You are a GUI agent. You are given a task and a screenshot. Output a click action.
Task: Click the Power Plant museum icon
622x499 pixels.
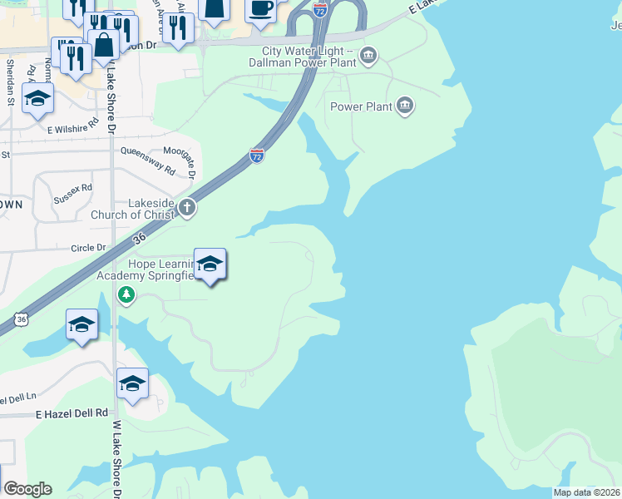(x=405, y=106)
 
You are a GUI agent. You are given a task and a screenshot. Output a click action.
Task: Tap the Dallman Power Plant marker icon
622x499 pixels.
(x=369, y=57)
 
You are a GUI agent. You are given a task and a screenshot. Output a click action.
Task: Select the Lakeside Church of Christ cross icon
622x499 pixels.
(x=187, y=208)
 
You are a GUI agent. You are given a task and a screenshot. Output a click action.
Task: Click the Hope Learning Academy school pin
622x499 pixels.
(x=210, y=264)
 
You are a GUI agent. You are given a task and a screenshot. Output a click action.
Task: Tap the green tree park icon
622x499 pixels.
(x=126, y=295)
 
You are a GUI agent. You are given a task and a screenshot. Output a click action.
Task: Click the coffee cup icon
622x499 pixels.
(x=260, y=9)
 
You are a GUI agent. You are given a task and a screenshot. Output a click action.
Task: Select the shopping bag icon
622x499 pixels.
(x=104, y=44)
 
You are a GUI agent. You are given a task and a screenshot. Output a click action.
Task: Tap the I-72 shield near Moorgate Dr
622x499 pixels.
(x=257, y=156)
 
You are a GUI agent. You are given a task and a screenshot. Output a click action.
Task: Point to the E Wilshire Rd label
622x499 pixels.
(x=72, y=126)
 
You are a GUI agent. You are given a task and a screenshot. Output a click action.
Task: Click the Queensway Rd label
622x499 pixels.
(x=148, y=160)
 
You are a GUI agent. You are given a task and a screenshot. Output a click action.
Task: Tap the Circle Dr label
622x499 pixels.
(x=89, y=248)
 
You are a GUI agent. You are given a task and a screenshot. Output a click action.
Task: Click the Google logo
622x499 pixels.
(x=27, y=489)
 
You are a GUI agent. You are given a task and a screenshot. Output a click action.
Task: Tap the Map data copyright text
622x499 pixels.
(x=586, y=492)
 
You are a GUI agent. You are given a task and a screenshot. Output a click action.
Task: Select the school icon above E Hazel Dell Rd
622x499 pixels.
(x=132, y=383)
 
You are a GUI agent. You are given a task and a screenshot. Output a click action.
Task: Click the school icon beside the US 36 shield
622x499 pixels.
(x=81, y=324)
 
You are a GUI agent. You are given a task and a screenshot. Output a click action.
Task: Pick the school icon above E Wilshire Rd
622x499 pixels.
(x=37, y=98)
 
